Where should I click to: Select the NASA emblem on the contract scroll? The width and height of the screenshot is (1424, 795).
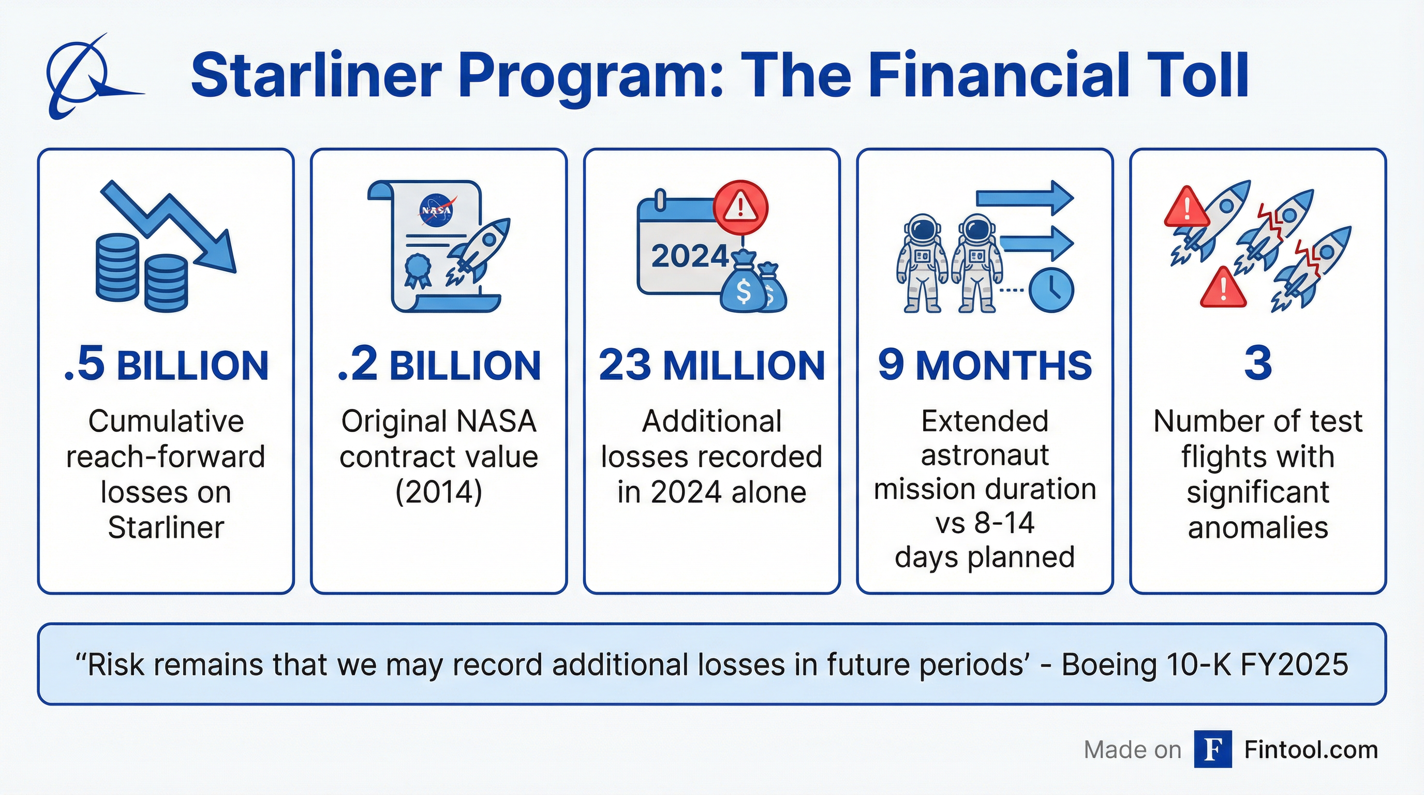436,210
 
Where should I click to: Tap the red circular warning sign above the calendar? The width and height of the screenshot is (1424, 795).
740,208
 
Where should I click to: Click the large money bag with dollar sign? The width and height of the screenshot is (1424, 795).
744,287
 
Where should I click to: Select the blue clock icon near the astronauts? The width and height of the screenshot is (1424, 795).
1051,290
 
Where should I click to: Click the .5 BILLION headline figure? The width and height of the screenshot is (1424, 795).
166,365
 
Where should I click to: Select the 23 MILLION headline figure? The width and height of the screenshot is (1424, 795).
711,365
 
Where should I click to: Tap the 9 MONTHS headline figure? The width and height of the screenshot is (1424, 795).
985,365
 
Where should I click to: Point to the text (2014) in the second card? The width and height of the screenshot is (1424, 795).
438,492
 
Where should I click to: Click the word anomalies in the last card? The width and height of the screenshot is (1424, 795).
1257,527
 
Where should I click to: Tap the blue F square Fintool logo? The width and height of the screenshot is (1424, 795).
1213,749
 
